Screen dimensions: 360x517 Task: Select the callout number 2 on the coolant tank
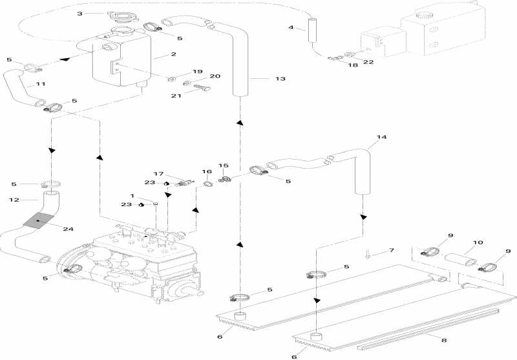point(155,56)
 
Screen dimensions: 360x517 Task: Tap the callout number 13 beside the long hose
point(279,79)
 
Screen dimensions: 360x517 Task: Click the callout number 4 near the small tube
point(291,28)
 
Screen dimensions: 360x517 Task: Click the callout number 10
point(478,244)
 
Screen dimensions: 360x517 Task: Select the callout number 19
point(198,71)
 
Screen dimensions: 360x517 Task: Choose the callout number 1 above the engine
point(132,195)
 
